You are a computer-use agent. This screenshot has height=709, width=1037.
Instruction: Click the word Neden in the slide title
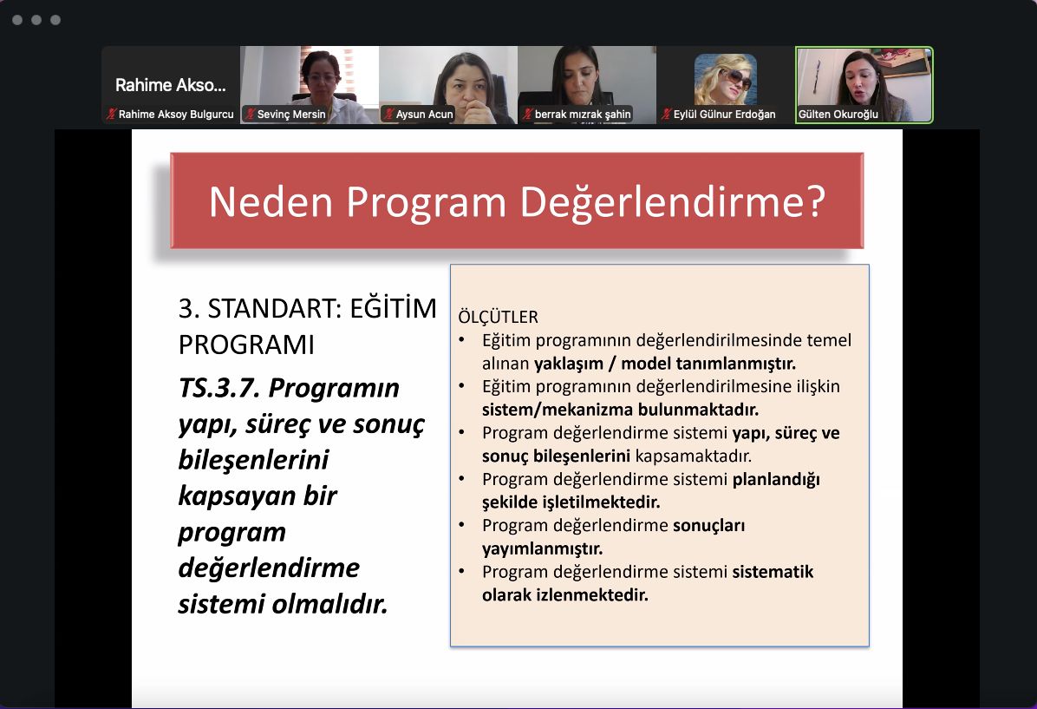(271, 201)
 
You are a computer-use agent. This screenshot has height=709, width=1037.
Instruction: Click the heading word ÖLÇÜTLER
(498, 317)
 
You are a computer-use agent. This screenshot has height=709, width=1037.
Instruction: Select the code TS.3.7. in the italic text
(218, 388)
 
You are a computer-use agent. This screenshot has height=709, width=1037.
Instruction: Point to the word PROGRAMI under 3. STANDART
(246, 345)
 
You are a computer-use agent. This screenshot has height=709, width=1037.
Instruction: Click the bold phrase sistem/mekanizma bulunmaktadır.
(620, 410)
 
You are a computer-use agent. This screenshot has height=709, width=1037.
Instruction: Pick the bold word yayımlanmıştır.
(542, 548)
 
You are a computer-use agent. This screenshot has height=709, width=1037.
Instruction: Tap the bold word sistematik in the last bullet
(773, 572)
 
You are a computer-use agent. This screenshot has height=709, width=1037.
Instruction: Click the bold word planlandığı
(776, 480)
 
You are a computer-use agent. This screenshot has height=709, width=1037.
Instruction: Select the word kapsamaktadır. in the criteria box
(693, 456)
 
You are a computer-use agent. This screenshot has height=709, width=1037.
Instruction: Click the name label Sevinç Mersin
(291, 115)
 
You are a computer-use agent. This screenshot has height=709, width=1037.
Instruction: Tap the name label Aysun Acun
(424, 115)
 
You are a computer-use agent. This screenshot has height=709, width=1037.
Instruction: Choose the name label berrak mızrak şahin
(583, 115)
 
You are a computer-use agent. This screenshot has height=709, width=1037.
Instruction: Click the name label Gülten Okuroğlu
(838, 115)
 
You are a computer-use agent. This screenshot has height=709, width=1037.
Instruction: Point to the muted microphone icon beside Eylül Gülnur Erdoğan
(666, 115)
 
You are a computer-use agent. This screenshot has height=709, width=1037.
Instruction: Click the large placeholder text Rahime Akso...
(171, 85)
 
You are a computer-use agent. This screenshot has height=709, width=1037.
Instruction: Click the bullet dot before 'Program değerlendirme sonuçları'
(461, 525)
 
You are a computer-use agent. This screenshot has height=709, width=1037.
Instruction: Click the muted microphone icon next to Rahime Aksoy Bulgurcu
(111, 115)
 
